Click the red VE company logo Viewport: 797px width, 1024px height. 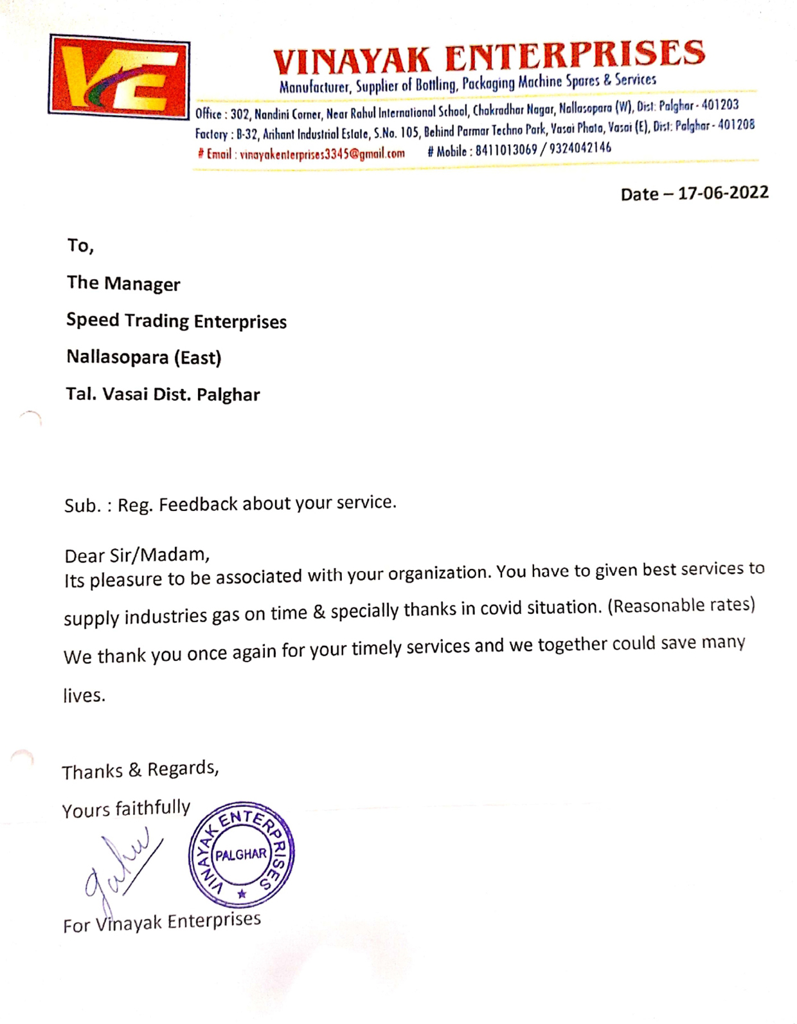click(x=119, y=76)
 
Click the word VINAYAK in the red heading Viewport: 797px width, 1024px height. click(x=352, y=61)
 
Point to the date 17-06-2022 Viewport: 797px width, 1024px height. click(x=723, y=193)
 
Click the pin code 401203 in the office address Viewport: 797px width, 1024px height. click(x=720, y=105)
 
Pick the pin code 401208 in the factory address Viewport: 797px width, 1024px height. click(x=736, y=125)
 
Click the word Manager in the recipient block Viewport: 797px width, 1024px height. click(x=142, y=284)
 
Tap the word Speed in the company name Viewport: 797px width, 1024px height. click(x=93, y=320)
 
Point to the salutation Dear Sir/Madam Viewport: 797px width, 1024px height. click(x=137, y=555)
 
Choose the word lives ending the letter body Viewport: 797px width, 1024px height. click(x=84, y=696)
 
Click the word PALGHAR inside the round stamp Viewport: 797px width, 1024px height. click(x=241, y=854)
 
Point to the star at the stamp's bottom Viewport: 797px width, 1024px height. click(x=242, y=894)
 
